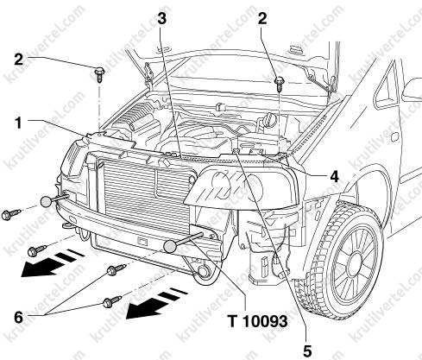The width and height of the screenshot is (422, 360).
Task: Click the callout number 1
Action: [x=18, y=123]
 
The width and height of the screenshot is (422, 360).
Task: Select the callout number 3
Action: [x=162, y=19]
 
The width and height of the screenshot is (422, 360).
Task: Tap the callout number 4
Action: [x=334, y=176]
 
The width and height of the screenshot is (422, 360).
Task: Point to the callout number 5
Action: [x=307, y=351]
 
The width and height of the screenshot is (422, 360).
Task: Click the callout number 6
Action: [x=18, y=318]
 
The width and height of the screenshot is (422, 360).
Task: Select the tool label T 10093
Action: [x=257, y=320]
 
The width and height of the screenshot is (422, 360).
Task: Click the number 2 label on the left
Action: [x=18, y=60]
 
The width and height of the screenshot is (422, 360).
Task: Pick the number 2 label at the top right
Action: [x=262, y=19]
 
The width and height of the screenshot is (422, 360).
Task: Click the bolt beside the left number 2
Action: [x=99, y=74]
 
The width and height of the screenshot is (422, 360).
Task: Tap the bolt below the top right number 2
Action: [x=279, y=84]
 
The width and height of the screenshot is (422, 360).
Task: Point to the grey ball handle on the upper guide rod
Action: [x=47, y=202]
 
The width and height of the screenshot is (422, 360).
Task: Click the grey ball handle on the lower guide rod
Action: [x=170, y=247]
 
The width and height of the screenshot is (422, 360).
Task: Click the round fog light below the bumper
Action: [x=204, y=272]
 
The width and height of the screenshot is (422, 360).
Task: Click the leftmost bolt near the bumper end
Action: [x=10, y=214]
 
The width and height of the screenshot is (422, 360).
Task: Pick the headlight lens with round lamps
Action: [x=241, y=188]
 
